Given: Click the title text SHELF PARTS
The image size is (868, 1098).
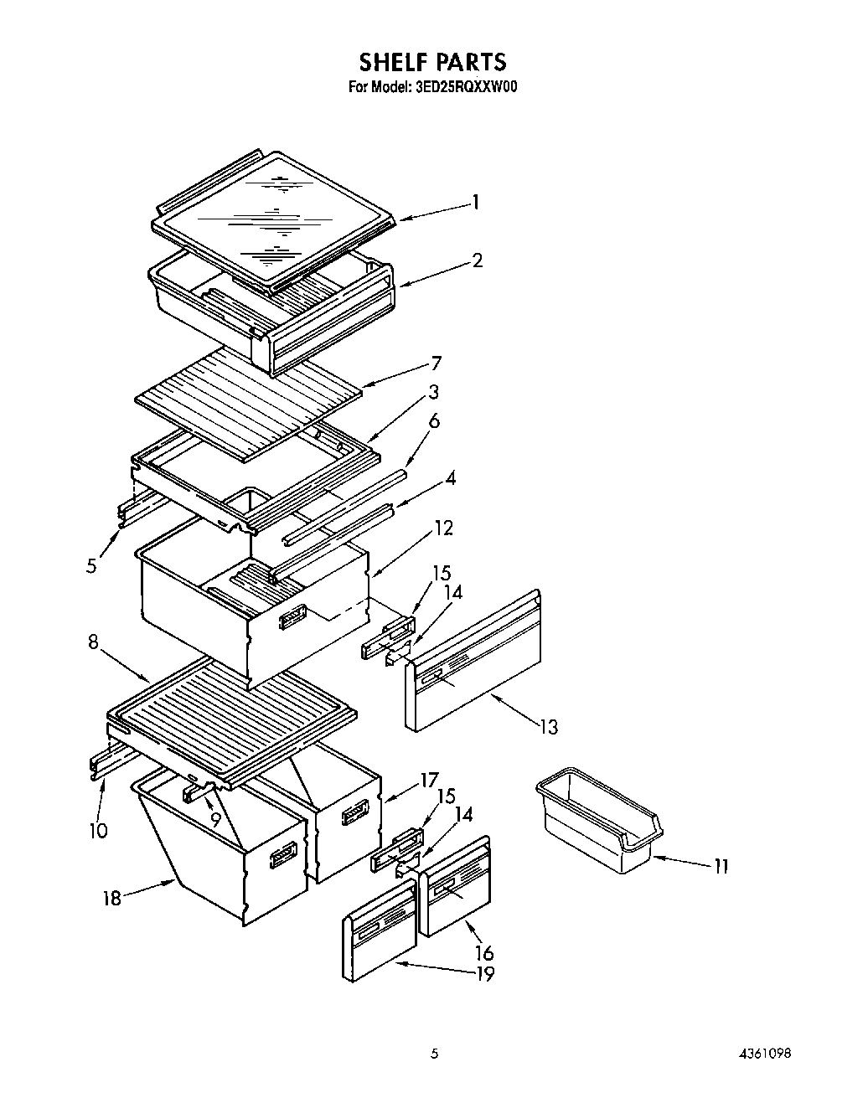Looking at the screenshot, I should pyautogui.click(x=432, y=61).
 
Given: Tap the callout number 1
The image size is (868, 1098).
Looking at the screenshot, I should pyautogui.click(x=475, y=202).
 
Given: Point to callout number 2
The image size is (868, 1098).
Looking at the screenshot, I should pyautogui.click(x=477, y=260).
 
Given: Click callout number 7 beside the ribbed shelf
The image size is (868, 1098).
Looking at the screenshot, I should pyautogui.click(x=436, y=363).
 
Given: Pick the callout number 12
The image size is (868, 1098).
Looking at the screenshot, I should pyautogui.click(x=443, y=528).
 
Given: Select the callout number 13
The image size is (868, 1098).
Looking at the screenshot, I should pyautogui.click(x=547, y=726).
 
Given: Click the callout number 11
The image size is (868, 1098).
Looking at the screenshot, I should pyautogui.click(x=721, y=866).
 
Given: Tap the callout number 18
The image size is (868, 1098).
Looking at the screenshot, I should pyautogui.click(x=111, y=899).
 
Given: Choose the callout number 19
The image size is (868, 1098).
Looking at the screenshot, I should pyautogui.click(x=483, y=973).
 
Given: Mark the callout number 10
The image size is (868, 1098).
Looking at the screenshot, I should pyautogui.click(x=98, y=830).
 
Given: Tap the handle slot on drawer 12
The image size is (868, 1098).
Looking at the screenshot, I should pyautogui.click(x=292, y=617).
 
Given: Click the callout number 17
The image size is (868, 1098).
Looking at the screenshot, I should pyautogui.click(x=428, y=781).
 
